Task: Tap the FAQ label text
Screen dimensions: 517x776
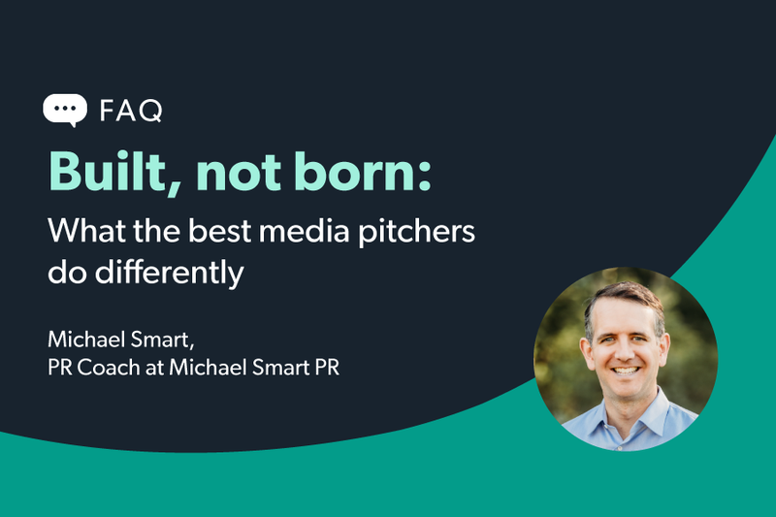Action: point(131,111)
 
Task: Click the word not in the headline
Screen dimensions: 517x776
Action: point(241,173)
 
